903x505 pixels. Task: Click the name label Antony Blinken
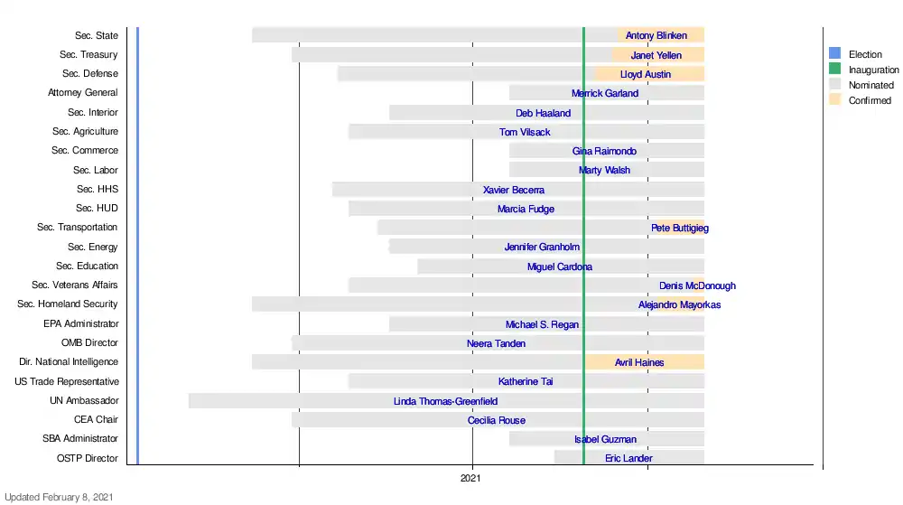pyautogui.click(x=656, y=36)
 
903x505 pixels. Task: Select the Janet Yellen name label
pyautogui.click(x=656, y=55)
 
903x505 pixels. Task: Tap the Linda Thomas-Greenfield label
pyautogui.click(x=445, y=401)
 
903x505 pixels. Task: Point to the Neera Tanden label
pyautogui.click(x=496, y=343)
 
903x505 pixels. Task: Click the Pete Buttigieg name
pyautogui.click(x=680, y=229)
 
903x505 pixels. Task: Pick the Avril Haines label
pyautogui.click(x=639, y=362)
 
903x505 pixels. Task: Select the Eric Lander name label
pyautogui.click(x=628, y=459)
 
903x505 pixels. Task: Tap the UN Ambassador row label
pyautogui.click(x=84, y=400)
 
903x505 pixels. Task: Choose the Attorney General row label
pyautogui.click(x=83, y=93)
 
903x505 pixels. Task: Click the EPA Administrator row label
pyautogui.click(x=80, y=323)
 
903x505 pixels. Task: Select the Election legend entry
pyautogui.click(x=865, y=54)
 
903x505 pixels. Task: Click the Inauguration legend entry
pyautogui.click(x=873, y=70)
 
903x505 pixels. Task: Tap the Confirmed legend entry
pyautogui.click(x=870, y=100)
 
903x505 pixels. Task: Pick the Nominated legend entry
pyautogui.click(x=870, y=85)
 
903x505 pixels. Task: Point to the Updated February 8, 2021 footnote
pyautogui.click(x=59, y=496)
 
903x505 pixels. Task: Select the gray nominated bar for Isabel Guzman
pyautogui.click(x=542, y=439)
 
